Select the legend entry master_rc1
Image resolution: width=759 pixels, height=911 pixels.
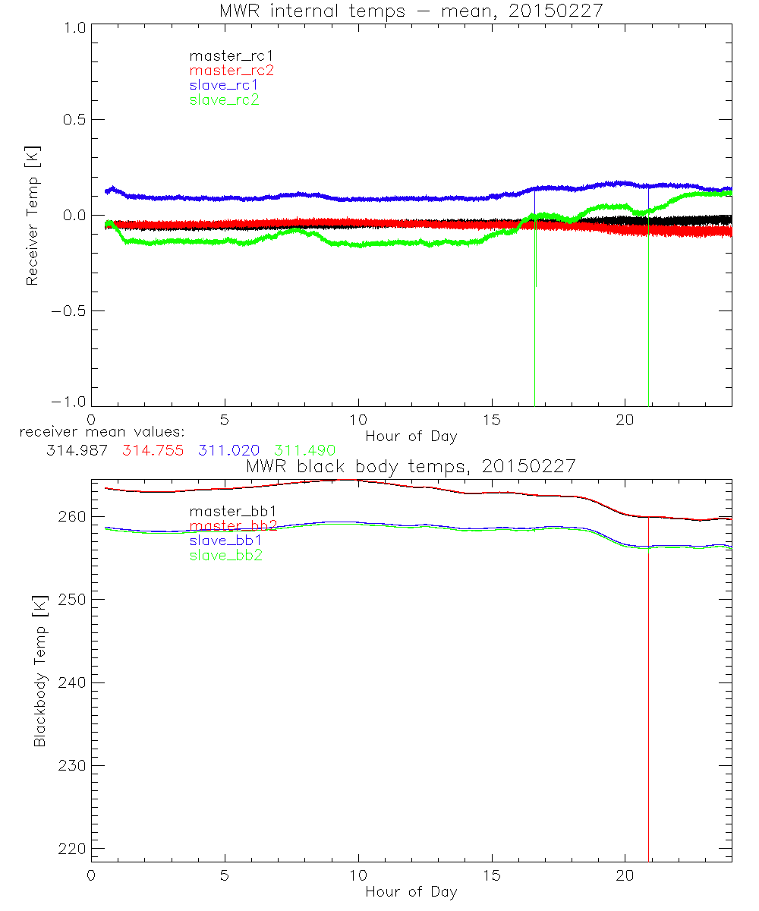pos(224,55)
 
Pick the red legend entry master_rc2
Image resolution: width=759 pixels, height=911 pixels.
pos(231,70)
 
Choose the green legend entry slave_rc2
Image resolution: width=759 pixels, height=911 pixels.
pos(224,99)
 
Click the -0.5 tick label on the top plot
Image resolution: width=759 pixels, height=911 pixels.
pos(70,310)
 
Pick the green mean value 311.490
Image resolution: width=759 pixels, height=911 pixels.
pos(304,450)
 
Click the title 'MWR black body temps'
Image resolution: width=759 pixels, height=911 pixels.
pos(411,465)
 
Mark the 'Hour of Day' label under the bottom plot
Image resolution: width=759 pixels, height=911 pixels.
pos(411,891)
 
